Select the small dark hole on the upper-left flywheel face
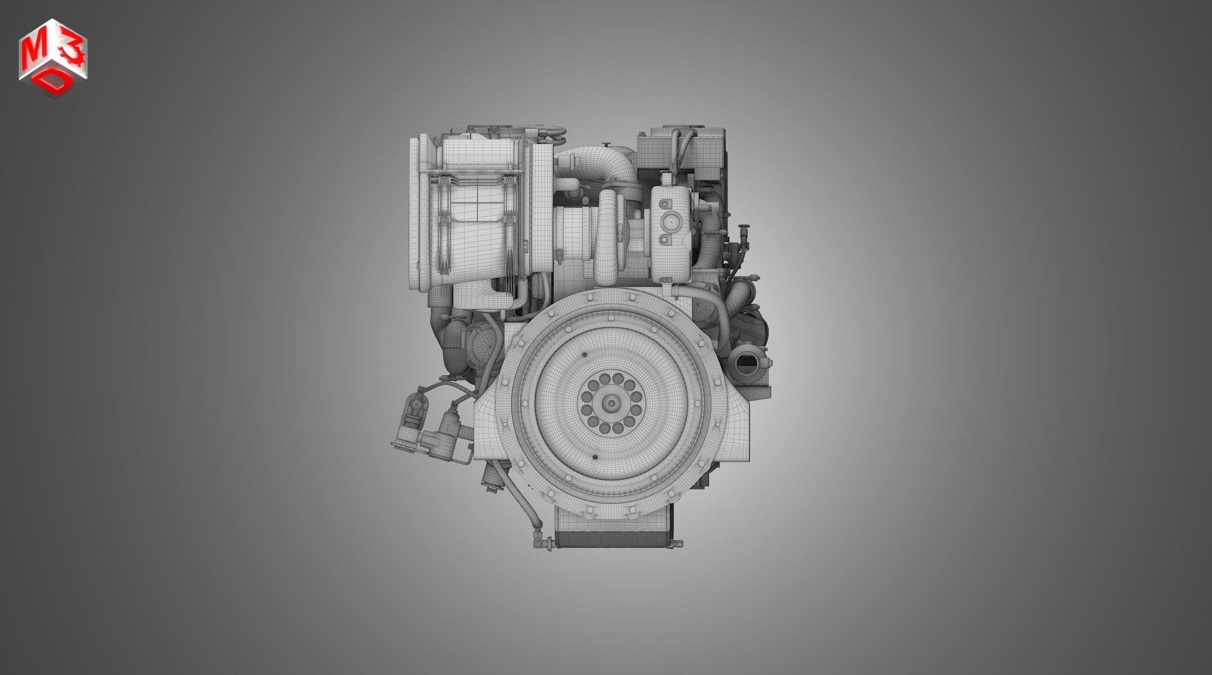585,354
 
